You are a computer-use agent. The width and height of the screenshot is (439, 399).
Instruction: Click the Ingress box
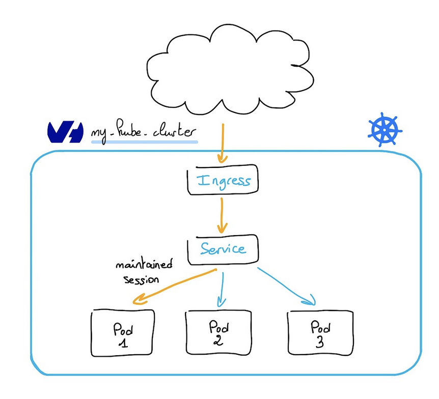point(222,180)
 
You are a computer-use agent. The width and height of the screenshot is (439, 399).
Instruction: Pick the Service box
point(223,249)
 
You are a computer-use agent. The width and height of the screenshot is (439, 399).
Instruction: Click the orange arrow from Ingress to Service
point(222,214)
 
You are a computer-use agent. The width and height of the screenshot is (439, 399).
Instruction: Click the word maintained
point(144,265)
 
